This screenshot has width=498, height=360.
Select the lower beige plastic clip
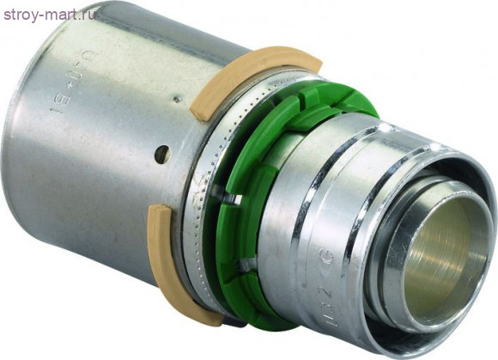[x=176, y=262]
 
